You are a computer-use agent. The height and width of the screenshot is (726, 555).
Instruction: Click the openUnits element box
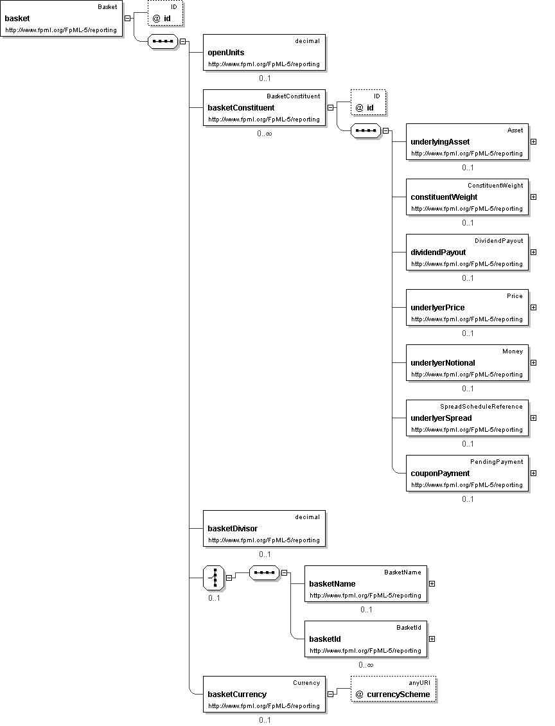click(x=264, y=52)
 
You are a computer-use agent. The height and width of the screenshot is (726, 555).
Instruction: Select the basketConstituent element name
click(x=241, y=108)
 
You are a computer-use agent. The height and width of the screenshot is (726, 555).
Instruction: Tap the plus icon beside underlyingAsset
click(x=533, y=142)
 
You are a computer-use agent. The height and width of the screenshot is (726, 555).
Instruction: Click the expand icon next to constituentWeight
click(x=533, y=197)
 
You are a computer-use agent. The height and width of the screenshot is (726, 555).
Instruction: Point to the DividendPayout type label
click(x=498, y=241)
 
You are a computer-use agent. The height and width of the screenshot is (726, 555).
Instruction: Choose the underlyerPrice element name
click(x=437, y=308)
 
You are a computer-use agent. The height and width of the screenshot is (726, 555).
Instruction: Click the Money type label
click(x=513, y=351)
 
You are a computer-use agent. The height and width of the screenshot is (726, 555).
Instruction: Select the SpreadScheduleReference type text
click(x=481, y=407)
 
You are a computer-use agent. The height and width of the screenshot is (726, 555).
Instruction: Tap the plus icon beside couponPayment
click(x=533, y=474)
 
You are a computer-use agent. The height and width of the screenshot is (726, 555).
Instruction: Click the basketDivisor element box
click(x=264, y=528)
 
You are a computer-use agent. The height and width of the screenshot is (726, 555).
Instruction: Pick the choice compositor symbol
click(x=214, y=578)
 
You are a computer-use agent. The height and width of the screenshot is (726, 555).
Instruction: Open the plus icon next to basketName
click(x=432, y=584)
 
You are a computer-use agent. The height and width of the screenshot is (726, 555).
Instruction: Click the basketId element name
click(x=325, y=639)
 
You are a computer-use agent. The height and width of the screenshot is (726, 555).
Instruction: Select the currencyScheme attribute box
click(x=394, y=689)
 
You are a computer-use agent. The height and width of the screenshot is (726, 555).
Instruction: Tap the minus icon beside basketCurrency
click(x=331, y=694)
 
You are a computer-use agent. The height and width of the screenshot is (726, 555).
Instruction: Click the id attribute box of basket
click(x=165, y=13)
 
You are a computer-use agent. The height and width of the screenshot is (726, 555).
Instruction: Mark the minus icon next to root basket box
click(x=128, y=18)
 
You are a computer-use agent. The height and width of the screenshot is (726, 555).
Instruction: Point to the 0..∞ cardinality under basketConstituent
click(x=264, y=134)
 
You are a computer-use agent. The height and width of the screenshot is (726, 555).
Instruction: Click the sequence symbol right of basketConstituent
click(x=366, y=131)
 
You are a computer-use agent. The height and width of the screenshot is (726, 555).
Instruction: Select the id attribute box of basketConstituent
click(x=368, y=102)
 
